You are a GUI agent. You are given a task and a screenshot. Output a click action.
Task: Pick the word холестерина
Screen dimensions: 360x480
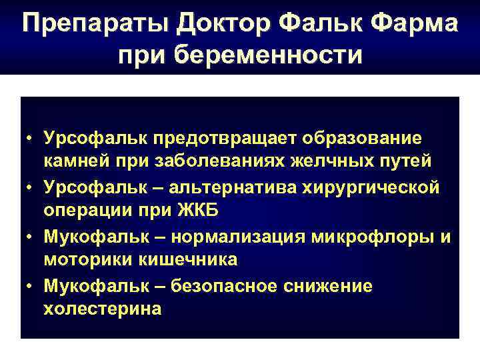click(102, 309)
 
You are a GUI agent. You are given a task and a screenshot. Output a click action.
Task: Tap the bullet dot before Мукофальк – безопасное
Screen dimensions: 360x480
click(30, 285)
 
